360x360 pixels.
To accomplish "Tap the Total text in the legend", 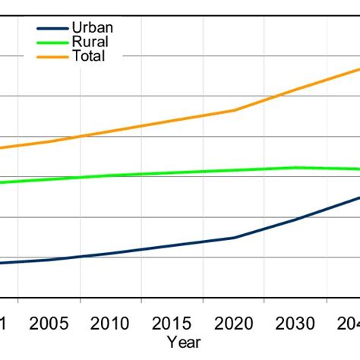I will (x=89, y=56).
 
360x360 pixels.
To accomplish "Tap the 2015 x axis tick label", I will (x=172, y=324).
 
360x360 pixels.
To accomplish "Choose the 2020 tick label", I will (x=234, y=324).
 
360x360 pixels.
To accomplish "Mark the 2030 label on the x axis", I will (x=295, y=324).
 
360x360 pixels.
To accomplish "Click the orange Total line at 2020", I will (x=234, y=110).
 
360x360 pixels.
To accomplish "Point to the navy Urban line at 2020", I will (x=234, y=238).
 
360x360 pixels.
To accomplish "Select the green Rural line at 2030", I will (x=295, y=167).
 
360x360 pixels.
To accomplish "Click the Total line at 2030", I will (x=295, y=88).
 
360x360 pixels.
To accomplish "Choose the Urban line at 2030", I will (x=295, y=219).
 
